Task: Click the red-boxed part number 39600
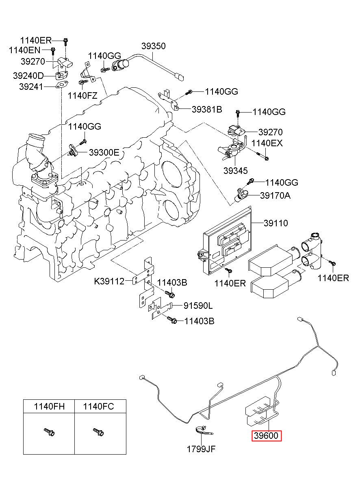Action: [266, 436]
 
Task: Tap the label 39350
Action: [153, 46]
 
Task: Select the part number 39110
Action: [275, 223]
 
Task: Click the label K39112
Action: [109, 281]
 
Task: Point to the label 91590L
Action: [198, 306]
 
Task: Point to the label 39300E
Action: [104, 152]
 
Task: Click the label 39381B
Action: [207, 109]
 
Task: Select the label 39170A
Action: [275, 195]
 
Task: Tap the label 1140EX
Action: [267, 143]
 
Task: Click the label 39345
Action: [235, 171]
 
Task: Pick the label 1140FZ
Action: [82, 96]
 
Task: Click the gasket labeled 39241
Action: [62, 85]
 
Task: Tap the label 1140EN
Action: [25, 50]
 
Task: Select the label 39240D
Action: [28, 76]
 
